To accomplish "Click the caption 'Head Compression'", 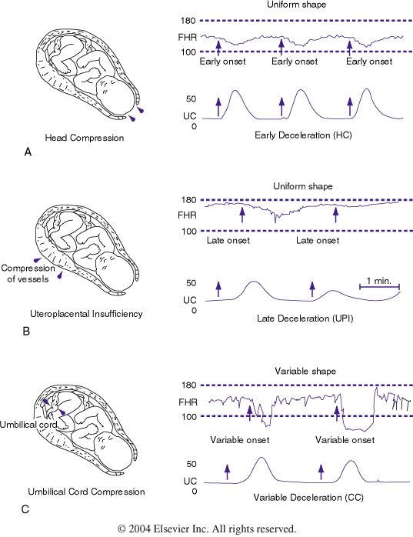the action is coord(85,138).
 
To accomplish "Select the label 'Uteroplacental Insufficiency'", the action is coord(86,314).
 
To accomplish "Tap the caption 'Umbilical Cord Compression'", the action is coord(86,492).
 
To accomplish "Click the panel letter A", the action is coord(28,152).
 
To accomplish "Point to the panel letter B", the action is coord(26,331).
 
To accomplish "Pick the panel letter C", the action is coord(25,509).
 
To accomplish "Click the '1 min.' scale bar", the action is coord(379,287).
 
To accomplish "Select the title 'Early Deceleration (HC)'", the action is coord(304,135).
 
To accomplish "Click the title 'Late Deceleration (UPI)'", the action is coord(305,319).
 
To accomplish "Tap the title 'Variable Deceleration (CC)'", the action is coord(308,497).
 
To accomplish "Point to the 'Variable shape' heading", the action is coord(305,372).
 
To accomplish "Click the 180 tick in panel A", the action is coord(188,21).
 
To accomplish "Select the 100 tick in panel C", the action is coord(189,416).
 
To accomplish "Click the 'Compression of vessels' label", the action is coord(28,274).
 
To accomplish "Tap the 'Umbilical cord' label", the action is coord(28,425).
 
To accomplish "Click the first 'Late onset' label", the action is coord(228,240).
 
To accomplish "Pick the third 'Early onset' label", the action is coord(369,62).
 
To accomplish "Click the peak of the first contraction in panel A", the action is coord(235,91).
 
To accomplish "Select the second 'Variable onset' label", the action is coord(345,440).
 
